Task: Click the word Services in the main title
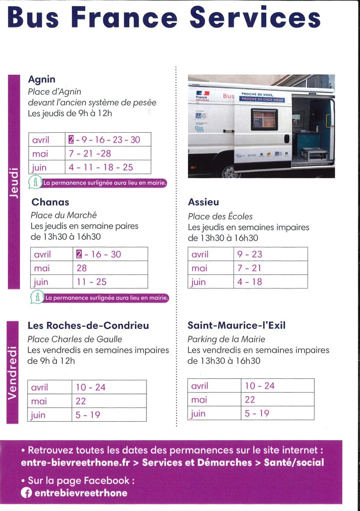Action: pos(255,17)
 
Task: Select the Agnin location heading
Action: pos(41,79)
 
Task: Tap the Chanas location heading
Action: pos(50,202)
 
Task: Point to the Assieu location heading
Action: pos(203,202)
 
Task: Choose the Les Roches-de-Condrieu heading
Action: pos(88,326)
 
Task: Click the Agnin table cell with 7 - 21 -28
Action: pos(90,153)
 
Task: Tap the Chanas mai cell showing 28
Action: pos(82,268)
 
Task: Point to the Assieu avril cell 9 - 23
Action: pos(250,254)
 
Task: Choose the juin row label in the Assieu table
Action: pos(198,282)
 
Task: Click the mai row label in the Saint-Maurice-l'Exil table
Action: pos(199,400)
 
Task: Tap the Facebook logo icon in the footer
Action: pos(26,493)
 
